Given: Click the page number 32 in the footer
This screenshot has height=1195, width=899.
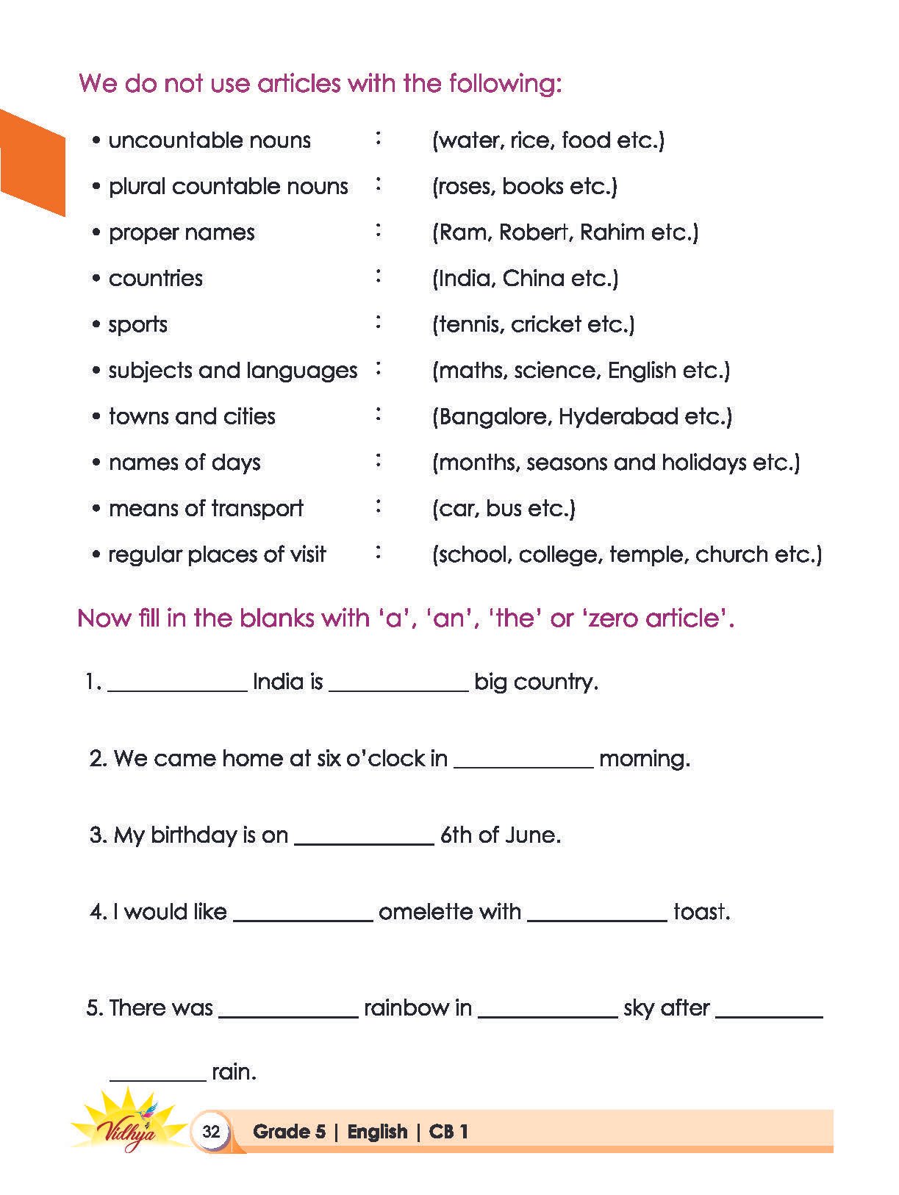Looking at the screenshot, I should (211, 1131).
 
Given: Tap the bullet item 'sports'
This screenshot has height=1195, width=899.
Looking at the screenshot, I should (137, 325).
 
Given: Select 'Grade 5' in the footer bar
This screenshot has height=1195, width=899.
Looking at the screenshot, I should (289, 1132).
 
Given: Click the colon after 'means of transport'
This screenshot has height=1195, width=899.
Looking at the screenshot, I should (379, 507).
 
